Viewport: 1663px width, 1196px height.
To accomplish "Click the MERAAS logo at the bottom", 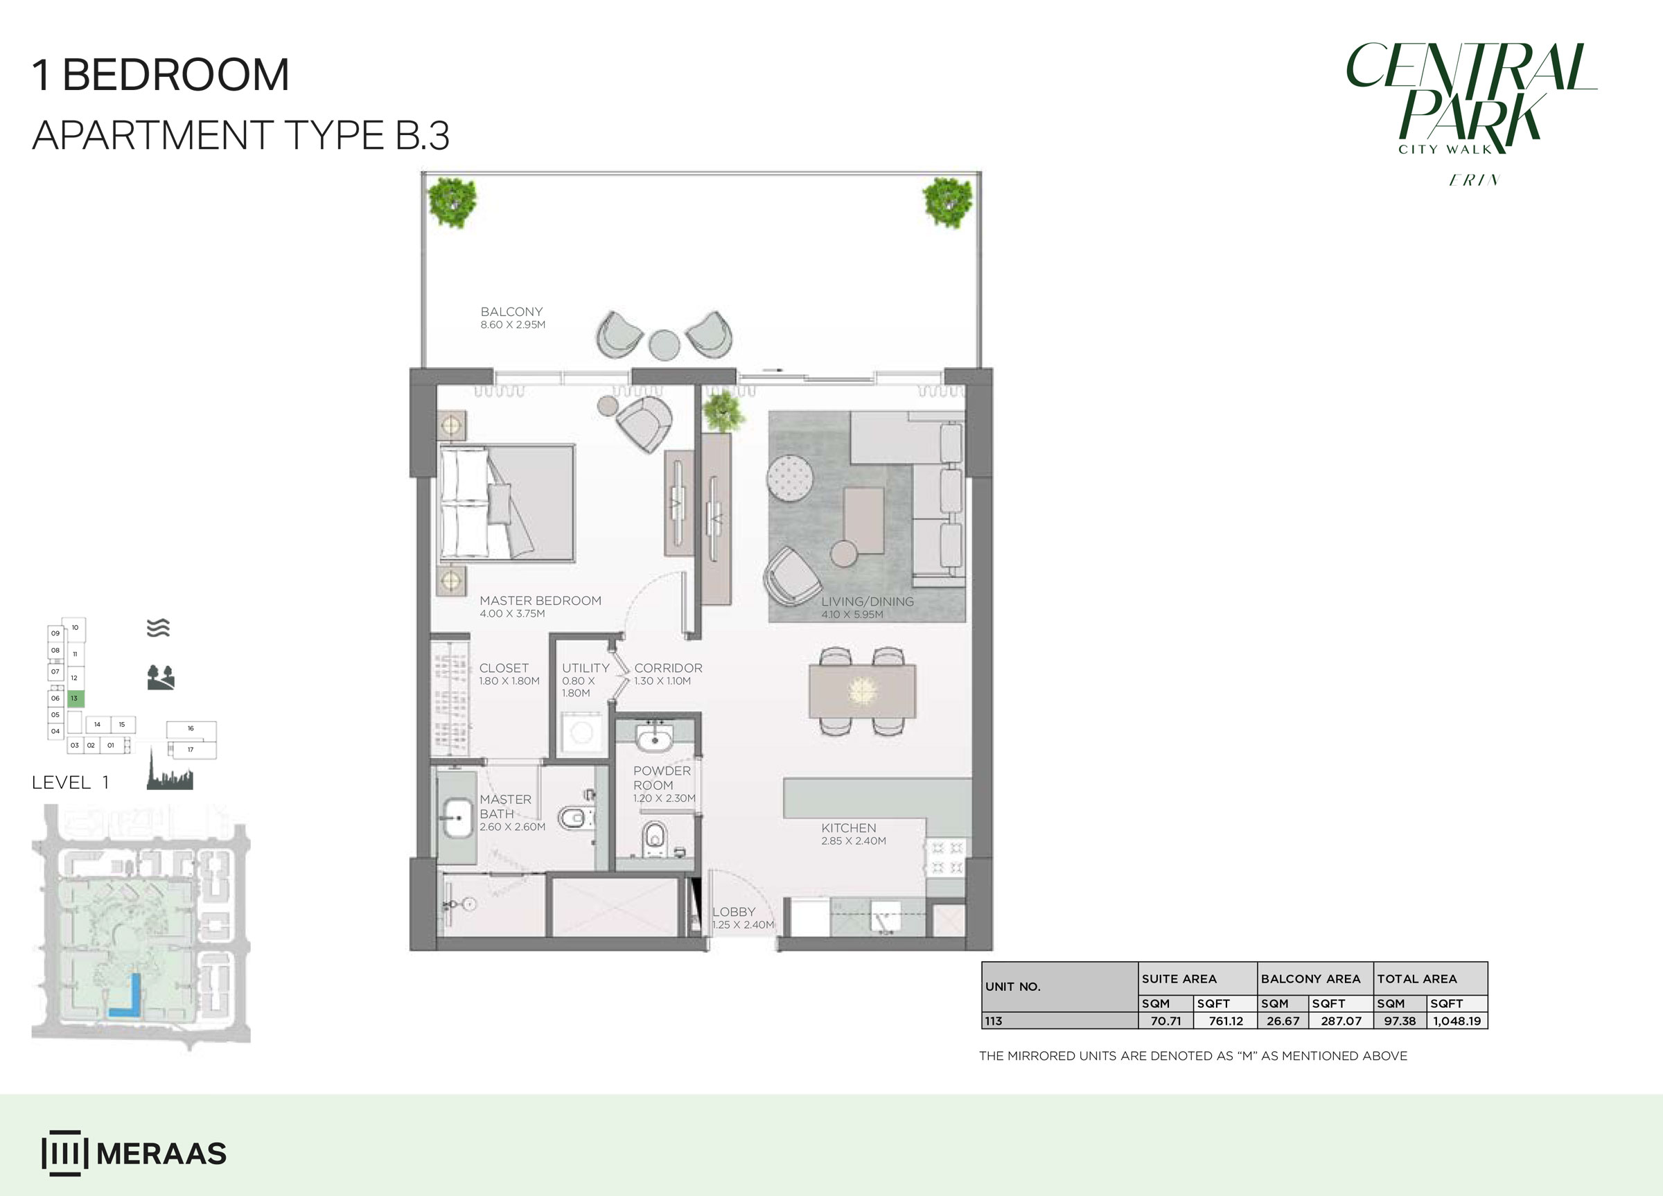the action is [134, 1154].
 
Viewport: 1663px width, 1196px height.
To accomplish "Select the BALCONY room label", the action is [512, 312].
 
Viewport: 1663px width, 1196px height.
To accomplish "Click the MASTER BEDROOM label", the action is [540, 601].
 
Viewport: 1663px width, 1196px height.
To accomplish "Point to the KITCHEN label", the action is [848, 828].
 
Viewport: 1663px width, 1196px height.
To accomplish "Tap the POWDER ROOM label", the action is [661, 777].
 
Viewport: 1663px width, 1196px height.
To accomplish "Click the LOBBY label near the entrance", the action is [734, 911].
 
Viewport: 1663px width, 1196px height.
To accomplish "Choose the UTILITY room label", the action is [586, 668].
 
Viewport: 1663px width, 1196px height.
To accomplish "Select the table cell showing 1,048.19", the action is [1457, 1021].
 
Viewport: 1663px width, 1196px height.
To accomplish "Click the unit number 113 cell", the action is [1059, 1021].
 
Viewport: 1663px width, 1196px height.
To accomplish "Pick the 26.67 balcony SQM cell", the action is [1283, 1021].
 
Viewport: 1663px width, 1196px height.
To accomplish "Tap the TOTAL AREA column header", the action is [1416, 979].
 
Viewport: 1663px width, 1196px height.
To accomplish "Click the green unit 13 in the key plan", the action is [76, 698].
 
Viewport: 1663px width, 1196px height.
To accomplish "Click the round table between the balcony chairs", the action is [665, 344].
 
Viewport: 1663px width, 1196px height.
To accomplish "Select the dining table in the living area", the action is [862, 691].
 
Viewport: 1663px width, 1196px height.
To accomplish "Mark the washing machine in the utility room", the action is [582, 733].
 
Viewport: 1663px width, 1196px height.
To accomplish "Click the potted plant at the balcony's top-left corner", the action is [452, 202].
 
